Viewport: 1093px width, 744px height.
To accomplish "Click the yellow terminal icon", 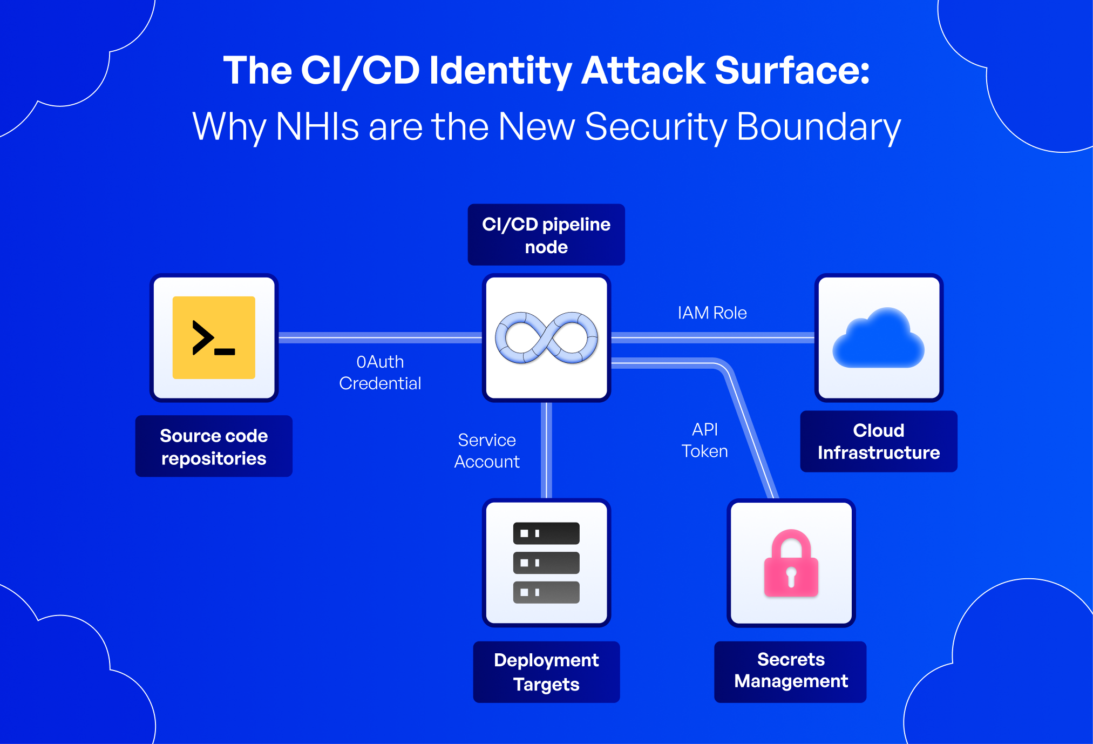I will pyautogui.click(x=214, y=337).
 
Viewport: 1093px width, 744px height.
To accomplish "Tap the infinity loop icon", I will pyautogui.click(x=546, y=337).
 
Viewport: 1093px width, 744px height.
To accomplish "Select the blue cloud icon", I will pyautogui.click(x=878, y=339).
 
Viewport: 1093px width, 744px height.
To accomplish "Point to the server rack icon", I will pyautogui.click(x=546, y=563).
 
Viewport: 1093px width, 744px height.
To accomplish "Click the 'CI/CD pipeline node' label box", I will pyautogui.click(x=546, y=235).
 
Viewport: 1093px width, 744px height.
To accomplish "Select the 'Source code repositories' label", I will pyautogui.click(x=214, y=447).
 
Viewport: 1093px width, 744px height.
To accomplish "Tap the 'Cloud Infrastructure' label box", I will pyautogui.click(x=878, y=441).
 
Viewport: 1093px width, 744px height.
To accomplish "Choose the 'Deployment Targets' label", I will pyautogui.click(x=546, y=672).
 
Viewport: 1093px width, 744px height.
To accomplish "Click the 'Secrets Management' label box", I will pyautogui.click(x=791, y=671).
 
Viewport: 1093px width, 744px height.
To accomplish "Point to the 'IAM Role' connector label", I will pyautogui.click(x=712, y=313).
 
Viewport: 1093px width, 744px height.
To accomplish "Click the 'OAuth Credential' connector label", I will pyautogui.click(x=380, y=373).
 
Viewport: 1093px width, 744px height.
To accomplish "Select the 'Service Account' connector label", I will pyautogui.click(x=487, y=451).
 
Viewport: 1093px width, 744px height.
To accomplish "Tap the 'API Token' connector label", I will pyautogui.click(x=705, y=441).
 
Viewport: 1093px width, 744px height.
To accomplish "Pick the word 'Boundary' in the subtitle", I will pyautogui.click(x=818, y=127).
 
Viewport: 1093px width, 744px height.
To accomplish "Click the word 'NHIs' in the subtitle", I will pyautogui.click(x=317, y=127).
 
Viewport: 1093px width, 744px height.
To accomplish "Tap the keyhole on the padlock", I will pyautogui.click(x=791, y=576).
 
